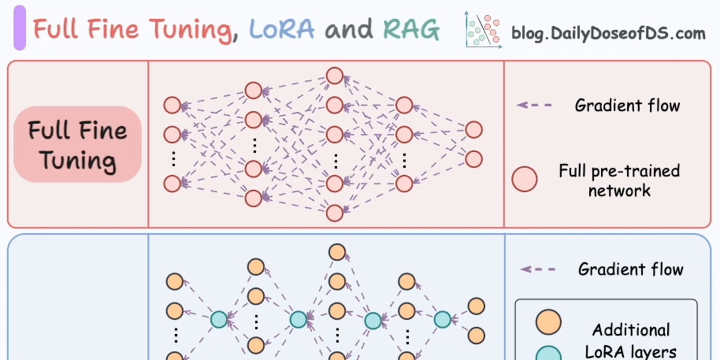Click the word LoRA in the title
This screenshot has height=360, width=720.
tap(281, 29)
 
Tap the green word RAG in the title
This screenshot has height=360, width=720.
tap(411, 29)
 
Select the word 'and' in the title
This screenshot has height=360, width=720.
tap(349, 29)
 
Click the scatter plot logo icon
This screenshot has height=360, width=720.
tap(483, 30)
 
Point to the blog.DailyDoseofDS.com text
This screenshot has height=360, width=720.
tap(608, 33)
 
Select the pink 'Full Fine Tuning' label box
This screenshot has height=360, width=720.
tap(77, 145)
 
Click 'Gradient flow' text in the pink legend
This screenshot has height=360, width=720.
tap(627, 106)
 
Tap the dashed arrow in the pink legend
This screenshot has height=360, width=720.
tap(535, 105)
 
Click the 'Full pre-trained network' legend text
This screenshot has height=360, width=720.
tap(619, 181)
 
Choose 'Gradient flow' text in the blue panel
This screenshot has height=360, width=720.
tap(631, 269)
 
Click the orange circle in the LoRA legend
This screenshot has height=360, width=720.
tap(548, 322)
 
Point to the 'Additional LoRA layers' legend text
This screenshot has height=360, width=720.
tap(631, 340)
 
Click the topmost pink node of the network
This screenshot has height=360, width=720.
tap(335, 76)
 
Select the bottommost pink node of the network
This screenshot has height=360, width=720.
tap(335, 212)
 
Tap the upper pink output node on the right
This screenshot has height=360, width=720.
tap(474, 130)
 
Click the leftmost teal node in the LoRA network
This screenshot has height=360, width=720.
tap(219, 319)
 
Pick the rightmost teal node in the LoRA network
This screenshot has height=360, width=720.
tap(442, 319)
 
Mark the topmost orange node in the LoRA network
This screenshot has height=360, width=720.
tap(337, 252)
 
